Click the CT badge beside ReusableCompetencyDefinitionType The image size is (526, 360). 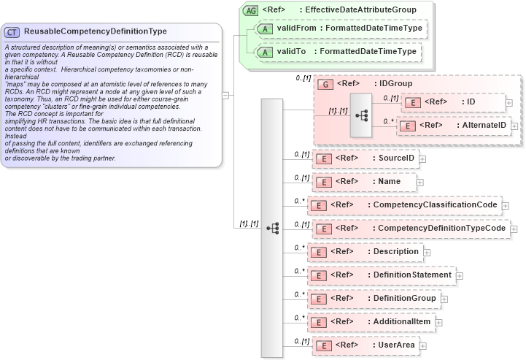pos(12,32)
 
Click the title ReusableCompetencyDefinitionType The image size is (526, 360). pos(95,31)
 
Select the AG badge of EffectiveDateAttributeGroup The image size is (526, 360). pos(251,10)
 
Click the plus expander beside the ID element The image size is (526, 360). pos(508,103)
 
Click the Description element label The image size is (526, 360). pos(395,252)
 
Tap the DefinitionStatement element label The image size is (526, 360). pos(412,275)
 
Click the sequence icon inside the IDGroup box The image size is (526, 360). pos(360,115)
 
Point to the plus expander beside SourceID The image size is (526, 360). pos(422,158)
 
